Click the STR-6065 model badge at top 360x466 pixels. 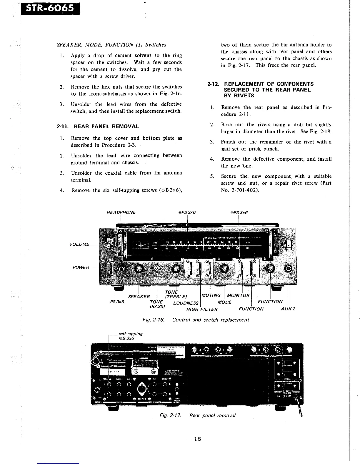tap(49, 8)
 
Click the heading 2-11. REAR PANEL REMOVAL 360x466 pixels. tap(98, 127)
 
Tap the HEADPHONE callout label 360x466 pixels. tap(121, 212)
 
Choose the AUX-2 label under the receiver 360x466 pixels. tap(288, 309)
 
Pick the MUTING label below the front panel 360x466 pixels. tap(211, 295)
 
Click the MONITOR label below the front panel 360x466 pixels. tap(238, 295)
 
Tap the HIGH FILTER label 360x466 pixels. tap(202, 309)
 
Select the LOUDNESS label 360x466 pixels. tap(186, 303)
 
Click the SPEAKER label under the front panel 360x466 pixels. tap(139, 296)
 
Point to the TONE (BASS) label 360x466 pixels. tap(157, 304)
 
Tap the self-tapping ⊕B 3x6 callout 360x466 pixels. tap(129, 336)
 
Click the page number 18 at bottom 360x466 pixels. tap(197, 439)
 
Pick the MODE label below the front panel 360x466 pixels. tap(225, 302)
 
